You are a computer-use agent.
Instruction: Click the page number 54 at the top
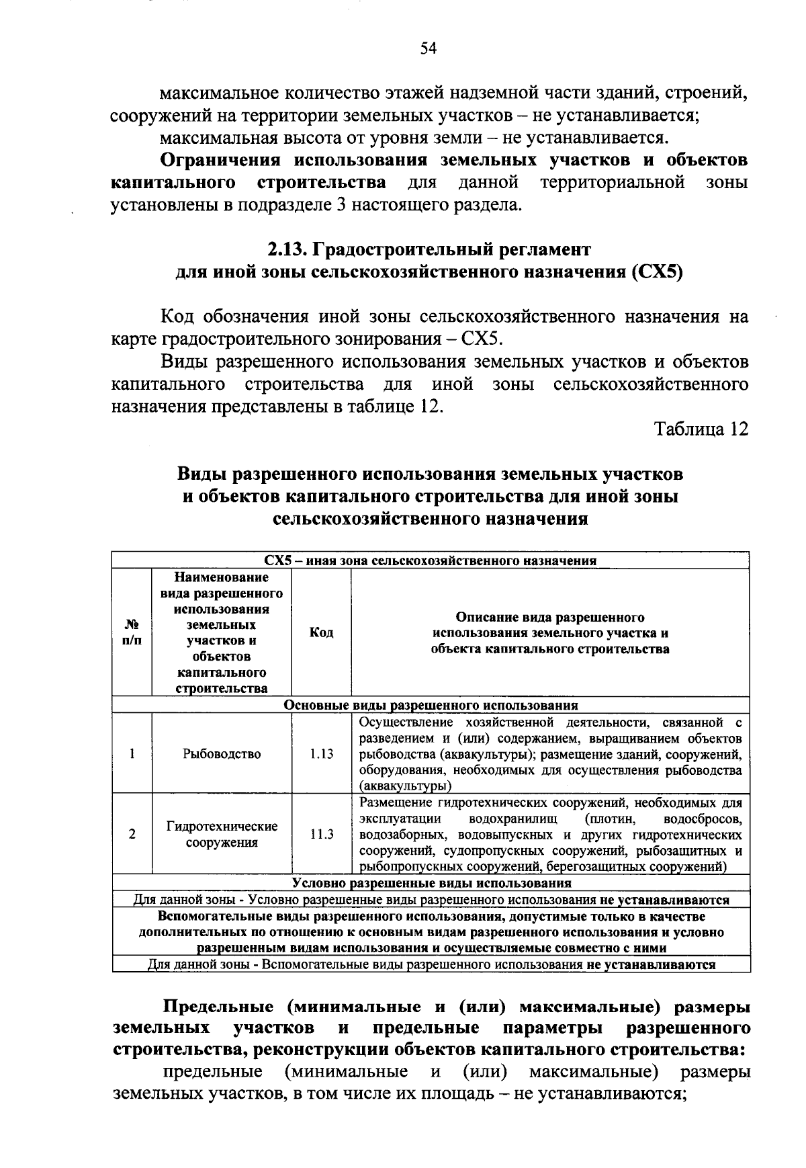pos(429,48)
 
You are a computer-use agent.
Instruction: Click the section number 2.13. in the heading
pos(287,249)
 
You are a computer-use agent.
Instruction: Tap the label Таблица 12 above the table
pos(701,429)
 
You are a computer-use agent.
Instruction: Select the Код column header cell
pos(321,632)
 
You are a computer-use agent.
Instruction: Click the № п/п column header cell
pos(132,632)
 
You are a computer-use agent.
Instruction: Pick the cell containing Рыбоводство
pos(222,754)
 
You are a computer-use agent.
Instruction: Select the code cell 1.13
pos(321,754)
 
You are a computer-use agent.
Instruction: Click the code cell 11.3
pos(321,834)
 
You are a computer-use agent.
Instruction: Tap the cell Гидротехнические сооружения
pos(222,834)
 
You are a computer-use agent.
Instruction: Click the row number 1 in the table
pos(132,754)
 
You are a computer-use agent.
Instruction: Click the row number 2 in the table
pos(132,834)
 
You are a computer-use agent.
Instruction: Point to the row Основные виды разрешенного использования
pos(431,706)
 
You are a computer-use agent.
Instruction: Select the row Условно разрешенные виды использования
pos(431,883)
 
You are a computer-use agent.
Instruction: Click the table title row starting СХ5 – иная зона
pos(431,560)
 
